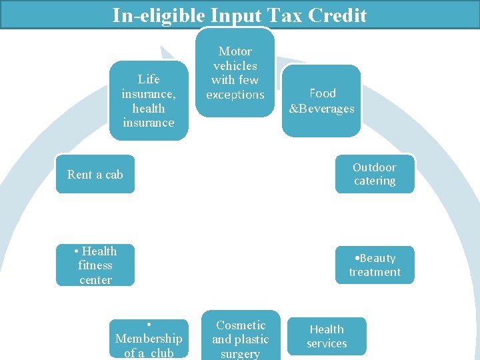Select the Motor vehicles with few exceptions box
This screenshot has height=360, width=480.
235,73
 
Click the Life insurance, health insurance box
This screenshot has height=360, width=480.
148,101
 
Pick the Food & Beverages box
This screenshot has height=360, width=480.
322,101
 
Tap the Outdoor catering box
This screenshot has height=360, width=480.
374,174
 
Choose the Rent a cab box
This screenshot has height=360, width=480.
95,175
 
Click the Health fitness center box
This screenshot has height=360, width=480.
95,265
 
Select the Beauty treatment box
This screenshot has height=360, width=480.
374,265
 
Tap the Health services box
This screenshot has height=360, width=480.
327,337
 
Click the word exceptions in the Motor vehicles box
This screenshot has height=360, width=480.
235,95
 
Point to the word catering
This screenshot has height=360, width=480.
375,181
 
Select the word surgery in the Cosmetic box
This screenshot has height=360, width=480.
240,353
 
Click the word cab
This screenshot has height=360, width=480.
114,175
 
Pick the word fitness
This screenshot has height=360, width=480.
95,265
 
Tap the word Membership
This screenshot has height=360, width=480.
148,339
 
